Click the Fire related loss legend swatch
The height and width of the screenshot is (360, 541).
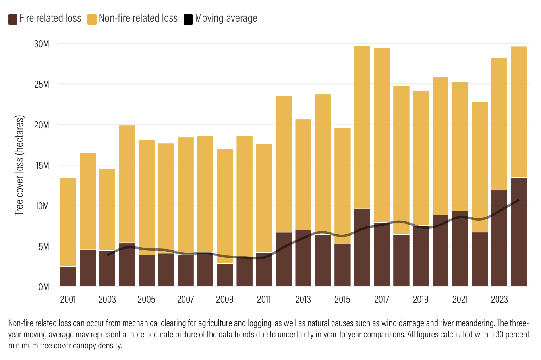[x=13, y=19]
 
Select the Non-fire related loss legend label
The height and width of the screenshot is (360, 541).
[x=138, y=18]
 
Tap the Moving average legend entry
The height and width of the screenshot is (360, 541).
[x=226, y=18]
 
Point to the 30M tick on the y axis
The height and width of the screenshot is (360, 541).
[x=42, y=44]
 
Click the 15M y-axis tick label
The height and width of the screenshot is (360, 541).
[x=42, y=165]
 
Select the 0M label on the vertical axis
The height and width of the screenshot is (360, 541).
[x=44, y=287]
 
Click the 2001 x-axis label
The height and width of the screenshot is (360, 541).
[x=68, y=300]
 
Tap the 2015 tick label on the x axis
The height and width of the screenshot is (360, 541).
[x=342, y=300]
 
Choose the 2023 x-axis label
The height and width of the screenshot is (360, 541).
[x=499, y=300]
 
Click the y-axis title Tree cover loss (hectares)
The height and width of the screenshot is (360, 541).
[x=19, y=165]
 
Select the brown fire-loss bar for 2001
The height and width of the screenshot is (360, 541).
[x=68, y=277]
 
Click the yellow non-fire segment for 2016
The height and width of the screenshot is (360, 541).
[x=362, y=127]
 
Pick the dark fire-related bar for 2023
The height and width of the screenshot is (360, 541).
[x=499, y=238]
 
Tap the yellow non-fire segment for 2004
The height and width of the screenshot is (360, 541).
[x=127, y=184]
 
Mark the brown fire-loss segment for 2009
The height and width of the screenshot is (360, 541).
[x=225, y=275]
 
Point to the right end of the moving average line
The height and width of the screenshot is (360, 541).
[x=518, y=200]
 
